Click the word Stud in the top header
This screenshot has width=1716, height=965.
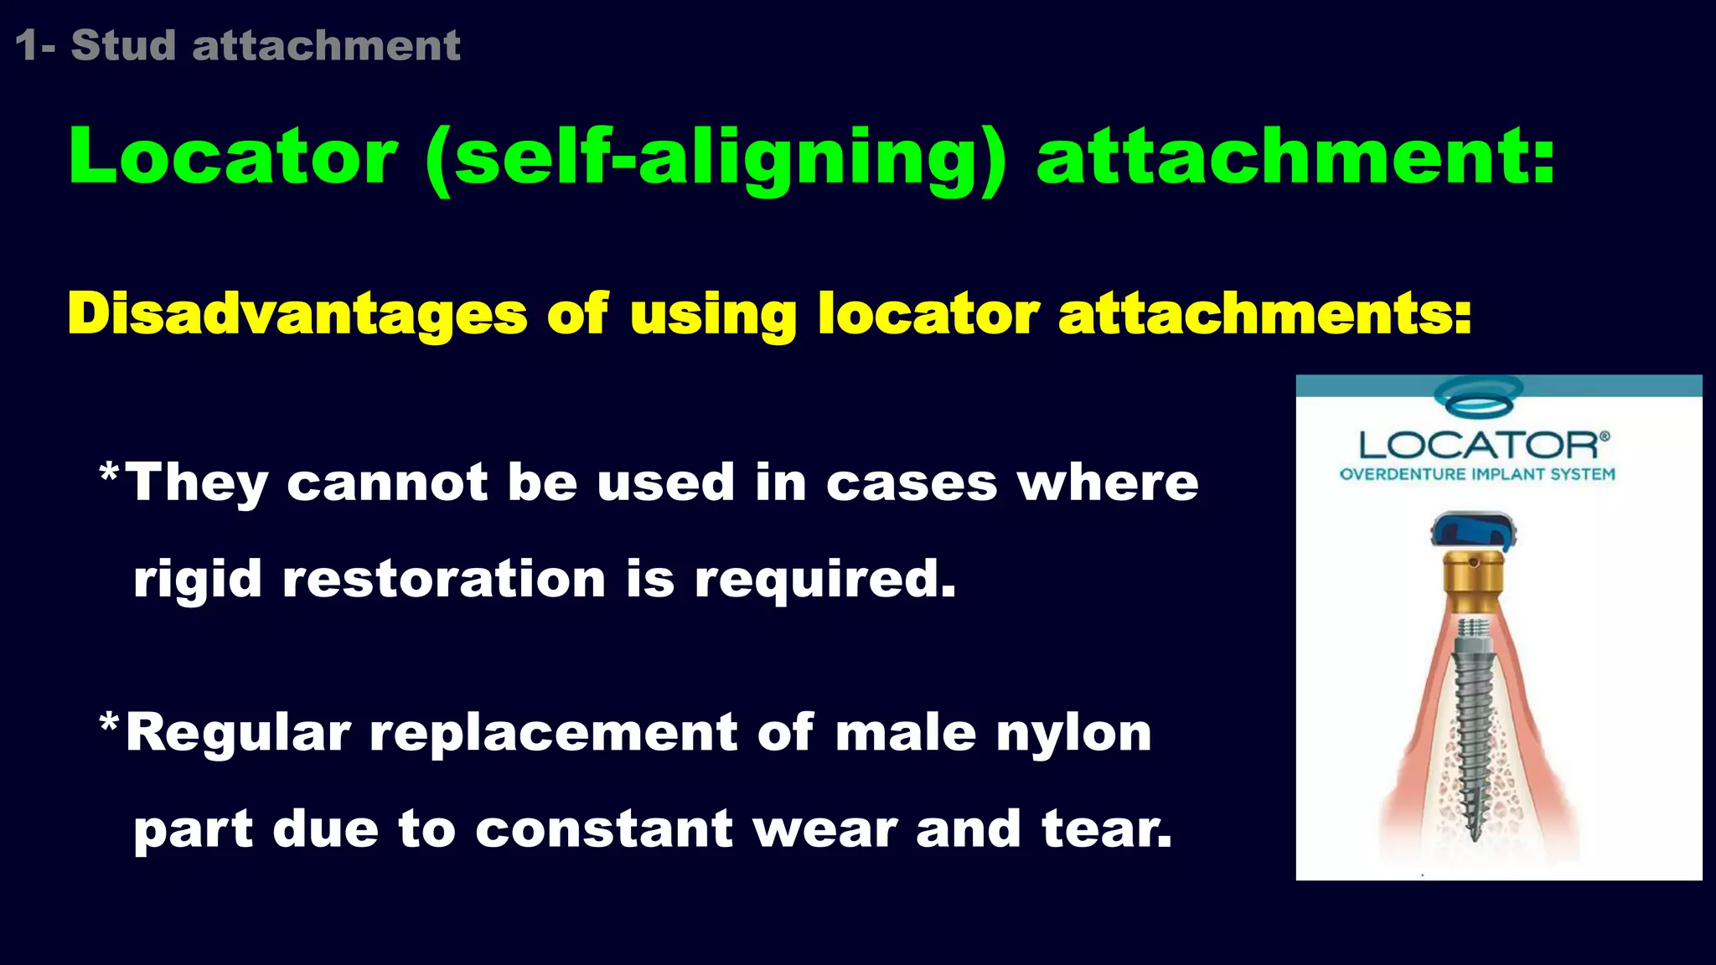[x=123, y=45]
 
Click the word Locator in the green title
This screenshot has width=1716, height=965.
[x=233, y=157]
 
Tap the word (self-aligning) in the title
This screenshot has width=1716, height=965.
[x=717, y=158]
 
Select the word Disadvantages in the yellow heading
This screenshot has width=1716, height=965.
[x=297, y=314]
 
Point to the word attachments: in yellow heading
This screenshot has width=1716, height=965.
[x=1264, y=314]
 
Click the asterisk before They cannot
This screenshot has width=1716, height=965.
[x=109, y=475]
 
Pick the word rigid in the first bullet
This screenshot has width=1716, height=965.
[x=198, y=580]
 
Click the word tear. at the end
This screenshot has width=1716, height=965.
[x=1106, y=829]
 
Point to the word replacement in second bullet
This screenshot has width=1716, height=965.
[x=553, y=734]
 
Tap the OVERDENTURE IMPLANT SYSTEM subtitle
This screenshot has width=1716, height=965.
[x=1477, y=474]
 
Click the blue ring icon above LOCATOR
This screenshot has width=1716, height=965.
[x=1479, y=396]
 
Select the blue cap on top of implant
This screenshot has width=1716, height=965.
[x=1474, y=534]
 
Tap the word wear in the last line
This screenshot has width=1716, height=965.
[x=824, y=829]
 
